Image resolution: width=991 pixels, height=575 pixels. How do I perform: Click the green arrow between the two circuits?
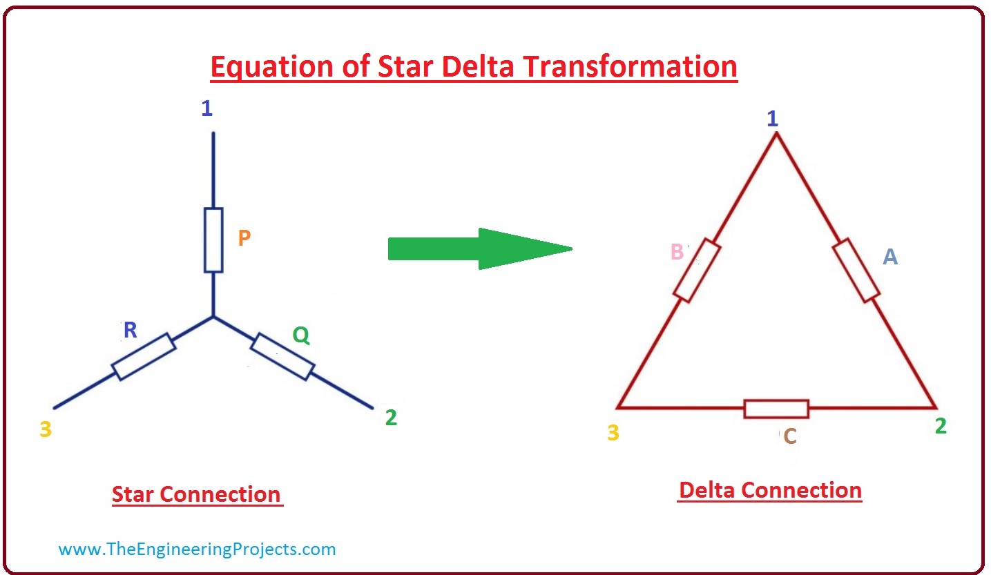tap(480, 248)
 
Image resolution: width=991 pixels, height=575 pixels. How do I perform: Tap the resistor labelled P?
tap(213, 240)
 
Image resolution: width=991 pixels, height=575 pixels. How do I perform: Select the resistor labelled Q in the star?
tap(282, 356)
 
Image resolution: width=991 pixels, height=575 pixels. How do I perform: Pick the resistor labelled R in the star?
tap(144, 356)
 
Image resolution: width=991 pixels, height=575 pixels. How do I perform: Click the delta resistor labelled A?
tap(856, 271)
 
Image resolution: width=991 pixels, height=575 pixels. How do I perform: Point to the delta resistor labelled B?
tap(697, 271)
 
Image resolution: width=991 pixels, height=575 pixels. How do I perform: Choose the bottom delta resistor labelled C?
tap(776, 409)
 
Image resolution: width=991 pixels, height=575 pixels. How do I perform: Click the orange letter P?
tap(244, 238)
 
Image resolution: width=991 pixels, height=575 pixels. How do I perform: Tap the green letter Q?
tap(301, 335)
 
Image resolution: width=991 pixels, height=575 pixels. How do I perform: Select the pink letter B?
tap(677, 252)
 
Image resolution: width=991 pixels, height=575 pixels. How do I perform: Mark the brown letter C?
tap(790, 436)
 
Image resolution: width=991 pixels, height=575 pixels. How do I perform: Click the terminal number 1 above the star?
tap(206, 108)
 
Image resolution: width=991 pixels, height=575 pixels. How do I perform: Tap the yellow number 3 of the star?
tap(46, 429)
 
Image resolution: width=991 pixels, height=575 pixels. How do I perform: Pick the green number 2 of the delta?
tap(941, 426)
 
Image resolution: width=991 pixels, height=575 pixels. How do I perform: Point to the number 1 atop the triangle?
tap(772, 119)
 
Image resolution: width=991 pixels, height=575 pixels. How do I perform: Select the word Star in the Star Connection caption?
tap(133, 494)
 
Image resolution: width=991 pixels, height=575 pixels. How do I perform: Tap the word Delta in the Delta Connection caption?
tap(706, 490)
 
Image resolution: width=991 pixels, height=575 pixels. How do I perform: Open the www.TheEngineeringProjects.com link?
tap(197, 549)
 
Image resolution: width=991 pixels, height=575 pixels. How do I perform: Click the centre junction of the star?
tap(213, 317)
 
